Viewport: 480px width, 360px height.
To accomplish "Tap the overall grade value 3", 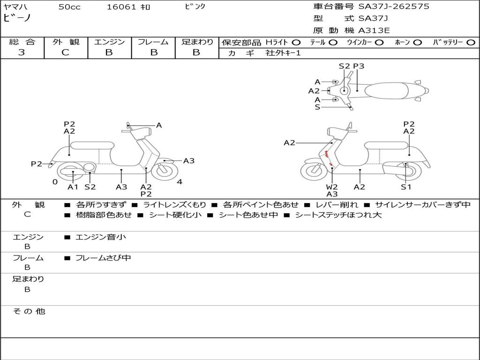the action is click(x=22, y=52).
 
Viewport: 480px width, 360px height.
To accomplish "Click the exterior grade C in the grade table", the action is click(x=66, y=52).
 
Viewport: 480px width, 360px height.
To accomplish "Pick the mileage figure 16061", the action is click(x=121, y=7).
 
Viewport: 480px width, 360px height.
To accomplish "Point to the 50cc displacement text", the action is click(x=69, y=7).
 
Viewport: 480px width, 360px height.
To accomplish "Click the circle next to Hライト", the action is click(x=296, y=42).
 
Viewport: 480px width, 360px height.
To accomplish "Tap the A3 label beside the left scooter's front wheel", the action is click(x=189, y=161).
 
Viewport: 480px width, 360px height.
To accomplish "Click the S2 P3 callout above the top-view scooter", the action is click(x=352, y=66).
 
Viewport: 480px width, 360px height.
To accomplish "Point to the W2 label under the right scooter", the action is click(x=332, y=187).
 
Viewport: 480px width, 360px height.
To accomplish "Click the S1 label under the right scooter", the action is click(x=405, y=187).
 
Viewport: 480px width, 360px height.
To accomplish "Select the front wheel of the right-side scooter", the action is click(x=314, y=171).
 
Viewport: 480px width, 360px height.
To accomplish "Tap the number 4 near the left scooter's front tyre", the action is click(x=180, y=182).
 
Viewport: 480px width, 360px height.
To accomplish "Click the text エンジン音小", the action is click(x=101, y=237).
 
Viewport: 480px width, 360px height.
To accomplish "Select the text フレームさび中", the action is click(x=103, y=258).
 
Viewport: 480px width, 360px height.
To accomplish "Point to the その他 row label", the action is click(x=28, y=311).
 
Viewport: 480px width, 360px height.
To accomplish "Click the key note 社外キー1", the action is click(x=283, y=53).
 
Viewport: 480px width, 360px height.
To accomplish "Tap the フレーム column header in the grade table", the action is click(x=153, y=42).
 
